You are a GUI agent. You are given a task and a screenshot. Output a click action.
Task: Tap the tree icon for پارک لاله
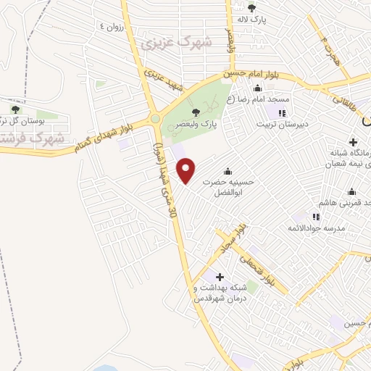click(x=251, y=8)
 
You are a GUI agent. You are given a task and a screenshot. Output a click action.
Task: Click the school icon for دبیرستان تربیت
click(x=282, y=113)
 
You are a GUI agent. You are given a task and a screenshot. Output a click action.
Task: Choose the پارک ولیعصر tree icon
click(x=196, y=112)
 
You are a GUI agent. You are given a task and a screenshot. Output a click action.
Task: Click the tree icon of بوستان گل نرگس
click(x=13, y=108)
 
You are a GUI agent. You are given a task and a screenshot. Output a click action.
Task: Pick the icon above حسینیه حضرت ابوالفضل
click(x=228, y=171)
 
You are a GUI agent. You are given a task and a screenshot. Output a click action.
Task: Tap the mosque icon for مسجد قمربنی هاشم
click(x=352, y=191)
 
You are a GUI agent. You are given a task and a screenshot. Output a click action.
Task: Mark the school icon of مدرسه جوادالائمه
click(x=316, y=216)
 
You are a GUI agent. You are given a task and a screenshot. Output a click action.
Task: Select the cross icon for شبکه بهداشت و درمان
click(x=220, y=277)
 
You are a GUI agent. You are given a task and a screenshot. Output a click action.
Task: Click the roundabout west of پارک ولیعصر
click(x=154, y=120)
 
